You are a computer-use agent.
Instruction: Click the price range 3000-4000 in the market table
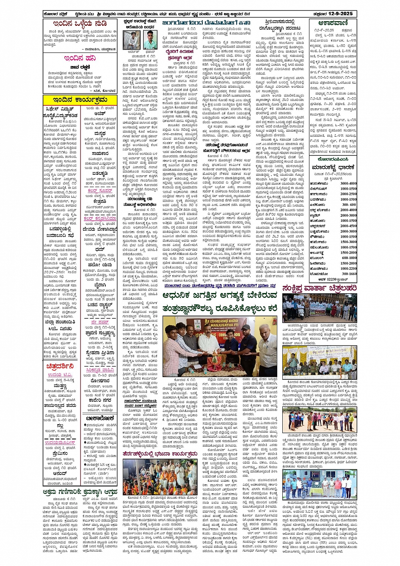pyautogui.click(x=348, y=184)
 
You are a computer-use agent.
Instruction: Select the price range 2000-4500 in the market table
pyautogui.click(x=348, y=226)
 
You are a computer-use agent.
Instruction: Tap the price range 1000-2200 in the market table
pyautogui.click(x=348, y=268)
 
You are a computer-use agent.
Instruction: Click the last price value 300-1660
pyautogui.click(x=348, y=273)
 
